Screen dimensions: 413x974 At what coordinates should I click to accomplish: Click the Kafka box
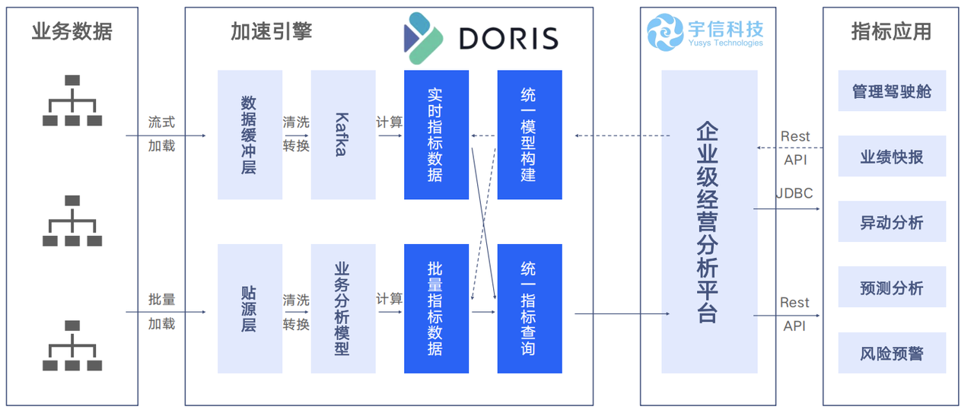point(343,135)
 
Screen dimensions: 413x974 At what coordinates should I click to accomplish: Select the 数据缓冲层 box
point(250,135)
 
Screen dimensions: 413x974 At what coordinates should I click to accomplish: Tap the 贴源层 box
point(250,309)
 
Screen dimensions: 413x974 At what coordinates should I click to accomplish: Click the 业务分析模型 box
point(343,309)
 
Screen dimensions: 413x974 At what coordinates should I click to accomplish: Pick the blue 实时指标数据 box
point(436,135)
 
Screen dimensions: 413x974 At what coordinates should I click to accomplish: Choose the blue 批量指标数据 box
point(436,309)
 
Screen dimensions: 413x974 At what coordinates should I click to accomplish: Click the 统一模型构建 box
point(530,135)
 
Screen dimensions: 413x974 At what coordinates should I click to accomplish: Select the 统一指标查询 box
point(530,309)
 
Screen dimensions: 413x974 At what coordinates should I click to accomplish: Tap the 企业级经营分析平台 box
point(709,221)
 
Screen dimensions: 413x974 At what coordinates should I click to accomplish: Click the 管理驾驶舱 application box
point(892,91)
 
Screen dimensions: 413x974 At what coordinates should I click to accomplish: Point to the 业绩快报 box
point(892,157)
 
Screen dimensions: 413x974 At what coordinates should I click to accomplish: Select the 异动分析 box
point(892,222)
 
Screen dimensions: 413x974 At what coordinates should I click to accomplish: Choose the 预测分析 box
point(892,288)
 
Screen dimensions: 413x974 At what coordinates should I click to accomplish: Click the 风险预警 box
point(892,353)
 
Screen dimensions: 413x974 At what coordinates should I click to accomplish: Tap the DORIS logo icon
point(423,38)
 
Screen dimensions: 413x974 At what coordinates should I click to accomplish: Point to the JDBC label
point(794,193)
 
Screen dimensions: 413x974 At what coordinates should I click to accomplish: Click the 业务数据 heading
point(72,31)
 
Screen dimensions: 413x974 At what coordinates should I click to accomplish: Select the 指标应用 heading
point(891,31)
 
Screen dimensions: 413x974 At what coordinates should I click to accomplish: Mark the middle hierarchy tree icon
point(72,221)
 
